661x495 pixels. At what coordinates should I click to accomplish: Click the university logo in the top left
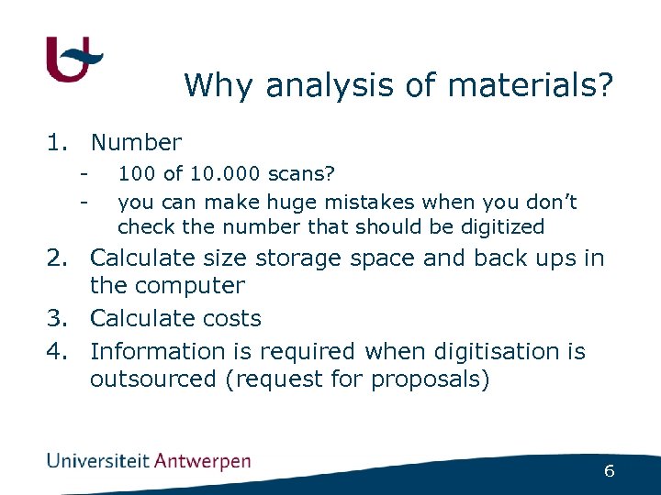coord(73,60)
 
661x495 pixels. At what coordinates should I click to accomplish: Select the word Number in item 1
coord(136,143)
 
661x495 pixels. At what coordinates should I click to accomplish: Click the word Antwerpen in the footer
coord(202,460)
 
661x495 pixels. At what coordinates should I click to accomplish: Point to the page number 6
coord(609,471)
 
